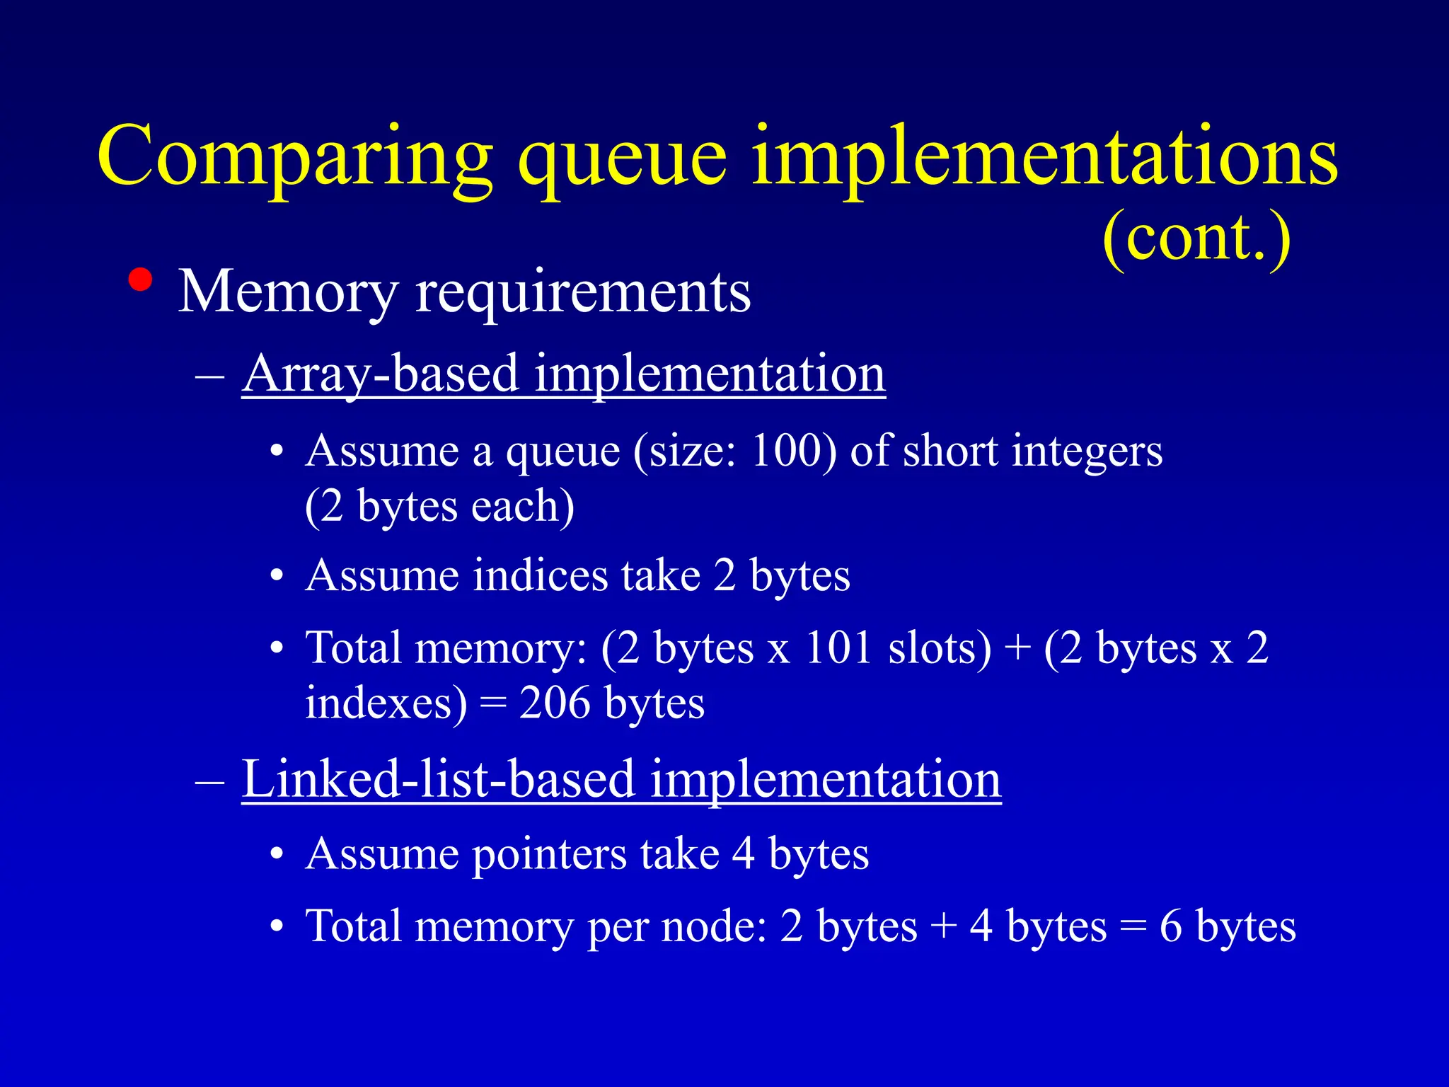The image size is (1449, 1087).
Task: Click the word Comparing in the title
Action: (294, 157)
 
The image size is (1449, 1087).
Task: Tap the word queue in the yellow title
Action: (622, 157)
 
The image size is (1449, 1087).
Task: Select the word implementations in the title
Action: (1044, 157)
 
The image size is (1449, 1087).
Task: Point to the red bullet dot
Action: (141, 280)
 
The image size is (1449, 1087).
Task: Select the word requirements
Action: (583, 292)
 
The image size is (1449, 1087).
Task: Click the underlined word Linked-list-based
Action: (439, 778)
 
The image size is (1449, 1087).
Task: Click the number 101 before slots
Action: (838, 648)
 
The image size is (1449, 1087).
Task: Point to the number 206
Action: (555, 703)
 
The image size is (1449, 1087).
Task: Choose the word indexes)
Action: (386, 703)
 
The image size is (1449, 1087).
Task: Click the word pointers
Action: (549, 854)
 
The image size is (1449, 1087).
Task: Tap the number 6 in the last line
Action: (1170, 926)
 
